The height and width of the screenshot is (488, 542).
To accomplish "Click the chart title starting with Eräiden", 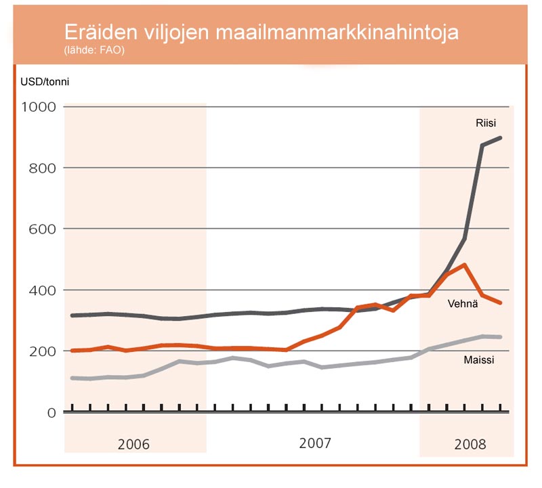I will point(261,33).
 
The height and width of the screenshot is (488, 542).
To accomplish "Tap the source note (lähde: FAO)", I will point(94,49).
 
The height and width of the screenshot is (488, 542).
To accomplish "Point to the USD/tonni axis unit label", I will point(45,83).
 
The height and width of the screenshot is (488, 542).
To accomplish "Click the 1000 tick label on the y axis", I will point(39,107).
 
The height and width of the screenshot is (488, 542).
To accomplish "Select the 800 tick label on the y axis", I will point(42,168).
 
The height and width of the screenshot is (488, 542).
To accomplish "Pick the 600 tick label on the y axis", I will point(42,229).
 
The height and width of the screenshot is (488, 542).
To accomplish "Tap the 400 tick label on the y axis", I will point(42,290).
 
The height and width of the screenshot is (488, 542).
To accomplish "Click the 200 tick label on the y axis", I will point(42,351).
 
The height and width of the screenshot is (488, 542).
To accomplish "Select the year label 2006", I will point(133,445).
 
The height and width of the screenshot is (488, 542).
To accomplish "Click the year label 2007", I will point(315,443).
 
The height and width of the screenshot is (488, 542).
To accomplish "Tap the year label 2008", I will point(470,445).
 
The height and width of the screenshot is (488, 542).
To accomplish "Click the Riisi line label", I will point(486,123).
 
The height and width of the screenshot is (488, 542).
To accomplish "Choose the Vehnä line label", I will point(463,304).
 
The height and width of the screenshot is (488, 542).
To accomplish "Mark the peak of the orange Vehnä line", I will point(464,265).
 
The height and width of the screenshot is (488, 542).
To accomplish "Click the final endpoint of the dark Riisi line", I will point(500,138).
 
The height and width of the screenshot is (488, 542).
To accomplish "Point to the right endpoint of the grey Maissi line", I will point(500,336).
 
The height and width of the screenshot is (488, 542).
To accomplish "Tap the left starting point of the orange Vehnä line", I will point(73,351).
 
